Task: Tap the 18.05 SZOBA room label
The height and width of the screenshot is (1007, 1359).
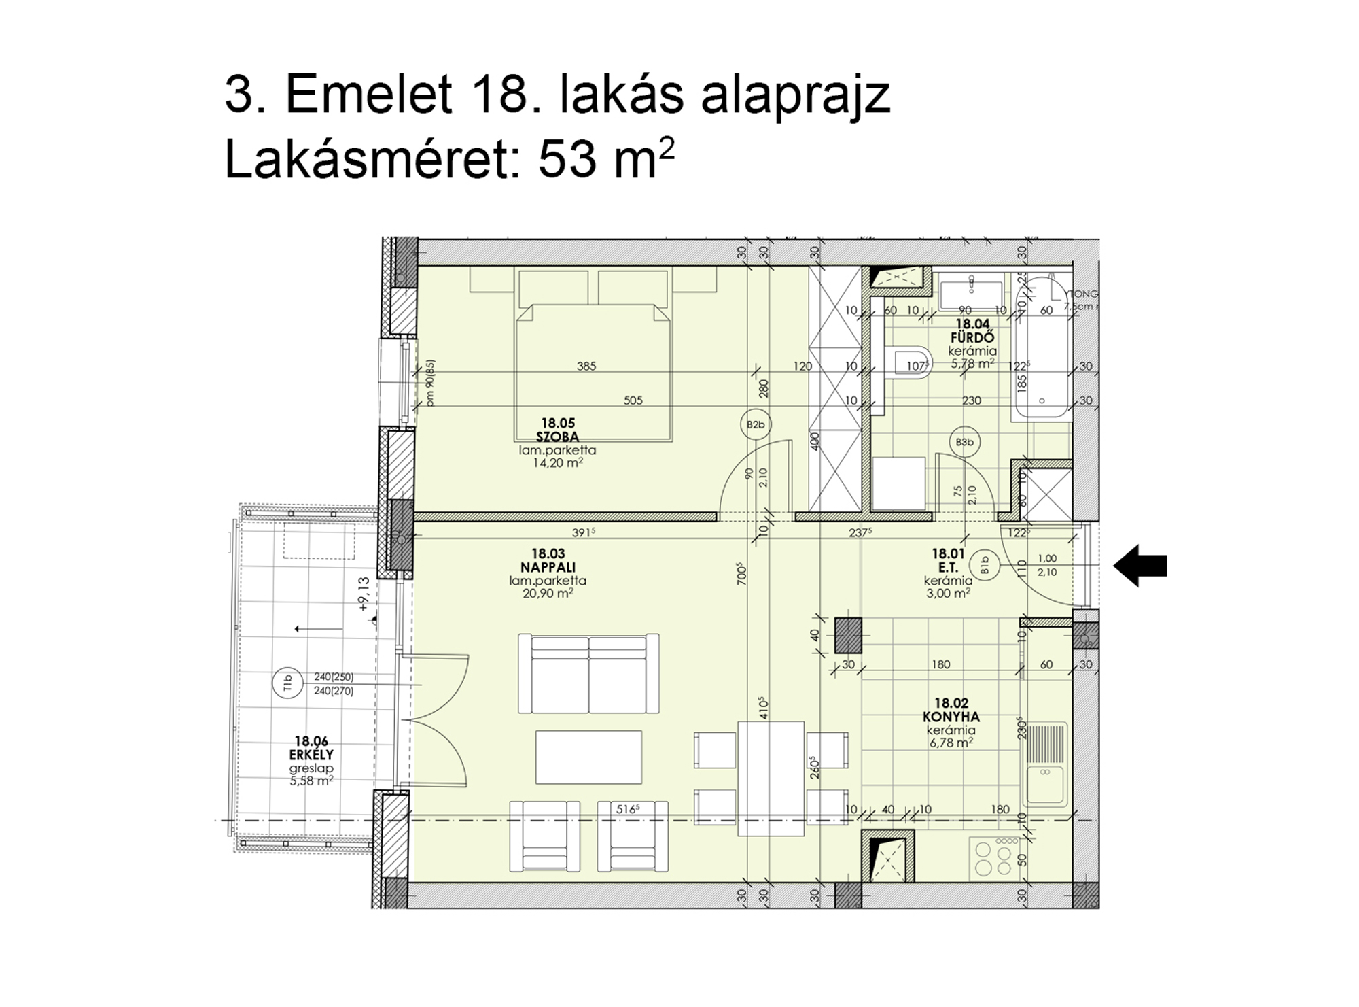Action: click(x=557, y=430)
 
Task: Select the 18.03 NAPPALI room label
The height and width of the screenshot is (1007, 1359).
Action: click(x=548, y=561)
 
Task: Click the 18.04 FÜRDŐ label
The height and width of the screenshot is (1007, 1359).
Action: click(x=972, y=331)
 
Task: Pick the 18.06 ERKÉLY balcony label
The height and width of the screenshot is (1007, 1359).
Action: click(x=311, y=749)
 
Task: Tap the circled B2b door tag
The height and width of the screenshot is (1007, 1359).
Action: click(x=756, y=425)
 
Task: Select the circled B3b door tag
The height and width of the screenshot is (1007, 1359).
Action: click(x=964, y=443)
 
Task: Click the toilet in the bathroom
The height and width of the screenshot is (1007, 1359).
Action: click(x=911, y=363)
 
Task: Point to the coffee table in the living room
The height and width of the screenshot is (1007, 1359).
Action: click(x=588, y=757)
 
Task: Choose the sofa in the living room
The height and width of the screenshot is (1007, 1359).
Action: click(x=588, y=673)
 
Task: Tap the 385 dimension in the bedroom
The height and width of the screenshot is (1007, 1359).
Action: click(x=586, y=366)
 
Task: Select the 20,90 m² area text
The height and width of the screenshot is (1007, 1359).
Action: click(x=548, y=594)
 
